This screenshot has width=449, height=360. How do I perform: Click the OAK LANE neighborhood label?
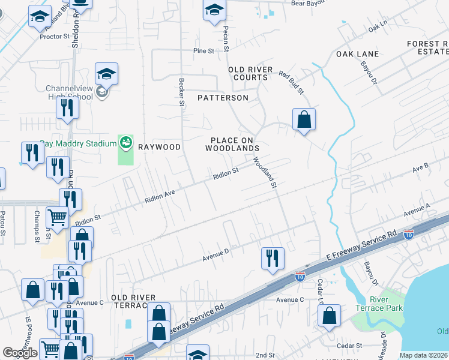pyautogui.click(x=357, y=54)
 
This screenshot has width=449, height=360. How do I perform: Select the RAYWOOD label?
pyautogui.click(x=159, y=146)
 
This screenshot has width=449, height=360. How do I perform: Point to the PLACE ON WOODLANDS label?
pyautogui.click(x=232, y=143)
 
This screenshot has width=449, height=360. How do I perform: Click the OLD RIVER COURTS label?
pyautogui.click(x=248, y=74)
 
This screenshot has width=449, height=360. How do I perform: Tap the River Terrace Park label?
pyautogui.click(x=387, y=304)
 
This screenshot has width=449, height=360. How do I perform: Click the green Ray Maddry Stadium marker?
pyautogui.click(x=125, y=143)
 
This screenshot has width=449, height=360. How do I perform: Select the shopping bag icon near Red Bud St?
pyautogui.click(x=304, y=119)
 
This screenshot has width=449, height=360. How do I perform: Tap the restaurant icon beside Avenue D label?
pyautogui.click(x=273, y=258)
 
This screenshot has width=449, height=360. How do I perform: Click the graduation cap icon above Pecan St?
pyautogui.click(x=214, y=10)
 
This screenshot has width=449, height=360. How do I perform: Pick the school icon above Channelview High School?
pyautogui.click(x=107, y=74)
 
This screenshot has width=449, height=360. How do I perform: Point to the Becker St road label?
pyautogui.click(x=181, y=92)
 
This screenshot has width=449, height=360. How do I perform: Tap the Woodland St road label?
pyautogui.click(x=264, y=174)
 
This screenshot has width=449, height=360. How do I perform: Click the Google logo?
pyautogui.click(x=20, y=353)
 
